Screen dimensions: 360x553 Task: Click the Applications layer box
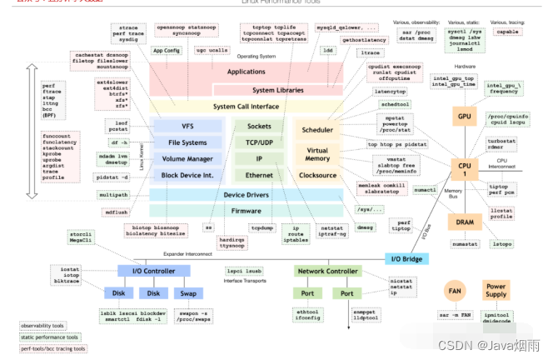coord(246,72)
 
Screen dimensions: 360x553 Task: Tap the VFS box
coord(187,126)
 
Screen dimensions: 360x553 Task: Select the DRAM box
coord(463,221)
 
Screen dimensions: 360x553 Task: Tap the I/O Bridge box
coord(407,259)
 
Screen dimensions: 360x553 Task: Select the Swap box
coord(188,293)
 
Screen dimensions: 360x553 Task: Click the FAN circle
coord(455,292)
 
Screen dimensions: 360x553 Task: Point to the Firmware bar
coord(246,212)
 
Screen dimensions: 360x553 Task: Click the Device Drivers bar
coord(246,195)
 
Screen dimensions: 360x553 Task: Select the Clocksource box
coord(317,176)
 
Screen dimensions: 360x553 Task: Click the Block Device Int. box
coord(187,176)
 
